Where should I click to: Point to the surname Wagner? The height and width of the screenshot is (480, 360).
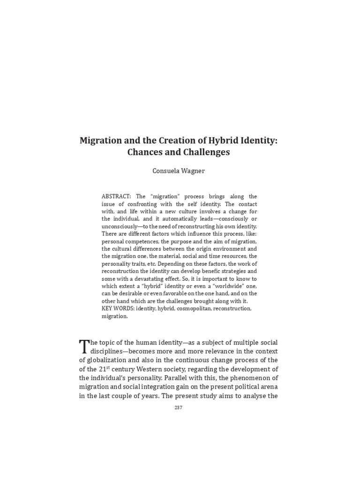tap(195, 171)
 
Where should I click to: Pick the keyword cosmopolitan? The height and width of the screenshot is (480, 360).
tap(195, 308)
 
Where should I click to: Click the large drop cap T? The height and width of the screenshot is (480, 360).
tap(84, 346)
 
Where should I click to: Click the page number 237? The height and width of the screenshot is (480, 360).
tap(178, 407)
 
